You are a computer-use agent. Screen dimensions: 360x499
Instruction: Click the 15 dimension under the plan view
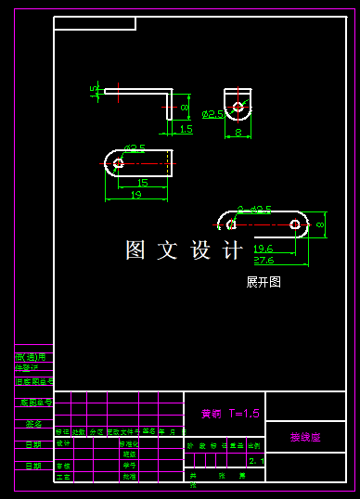click(142, 183)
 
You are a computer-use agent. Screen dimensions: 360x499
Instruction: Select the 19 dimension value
click(135, 195)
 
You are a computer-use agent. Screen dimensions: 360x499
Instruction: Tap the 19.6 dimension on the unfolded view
click(263, 249)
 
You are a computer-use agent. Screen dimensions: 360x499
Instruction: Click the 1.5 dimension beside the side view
click(186, 130)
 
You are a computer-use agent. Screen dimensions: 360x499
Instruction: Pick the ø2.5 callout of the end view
click(212, 114)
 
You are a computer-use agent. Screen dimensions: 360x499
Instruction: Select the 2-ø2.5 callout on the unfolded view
click(254, 210)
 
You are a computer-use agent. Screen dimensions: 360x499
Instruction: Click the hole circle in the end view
click(238, 107)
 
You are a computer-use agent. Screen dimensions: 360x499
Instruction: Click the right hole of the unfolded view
click(295, 224)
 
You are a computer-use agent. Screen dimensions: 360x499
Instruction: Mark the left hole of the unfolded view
click(232, 224)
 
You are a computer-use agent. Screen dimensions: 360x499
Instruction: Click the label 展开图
click(263, 282)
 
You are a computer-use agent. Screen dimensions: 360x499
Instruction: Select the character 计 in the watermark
click(233, 249)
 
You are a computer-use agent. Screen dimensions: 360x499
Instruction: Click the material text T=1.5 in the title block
click(243, 414)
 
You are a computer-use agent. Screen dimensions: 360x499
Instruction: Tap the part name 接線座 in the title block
click(304, 437)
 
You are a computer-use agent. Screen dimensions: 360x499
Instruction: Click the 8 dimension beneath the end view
click(238, 133)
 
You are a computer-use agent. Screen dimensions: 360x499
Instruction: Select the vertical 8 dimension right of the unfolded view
click(320, 224)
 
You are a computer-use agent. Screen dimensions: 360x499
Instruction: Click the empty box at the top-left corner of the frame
click(34, 23)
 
